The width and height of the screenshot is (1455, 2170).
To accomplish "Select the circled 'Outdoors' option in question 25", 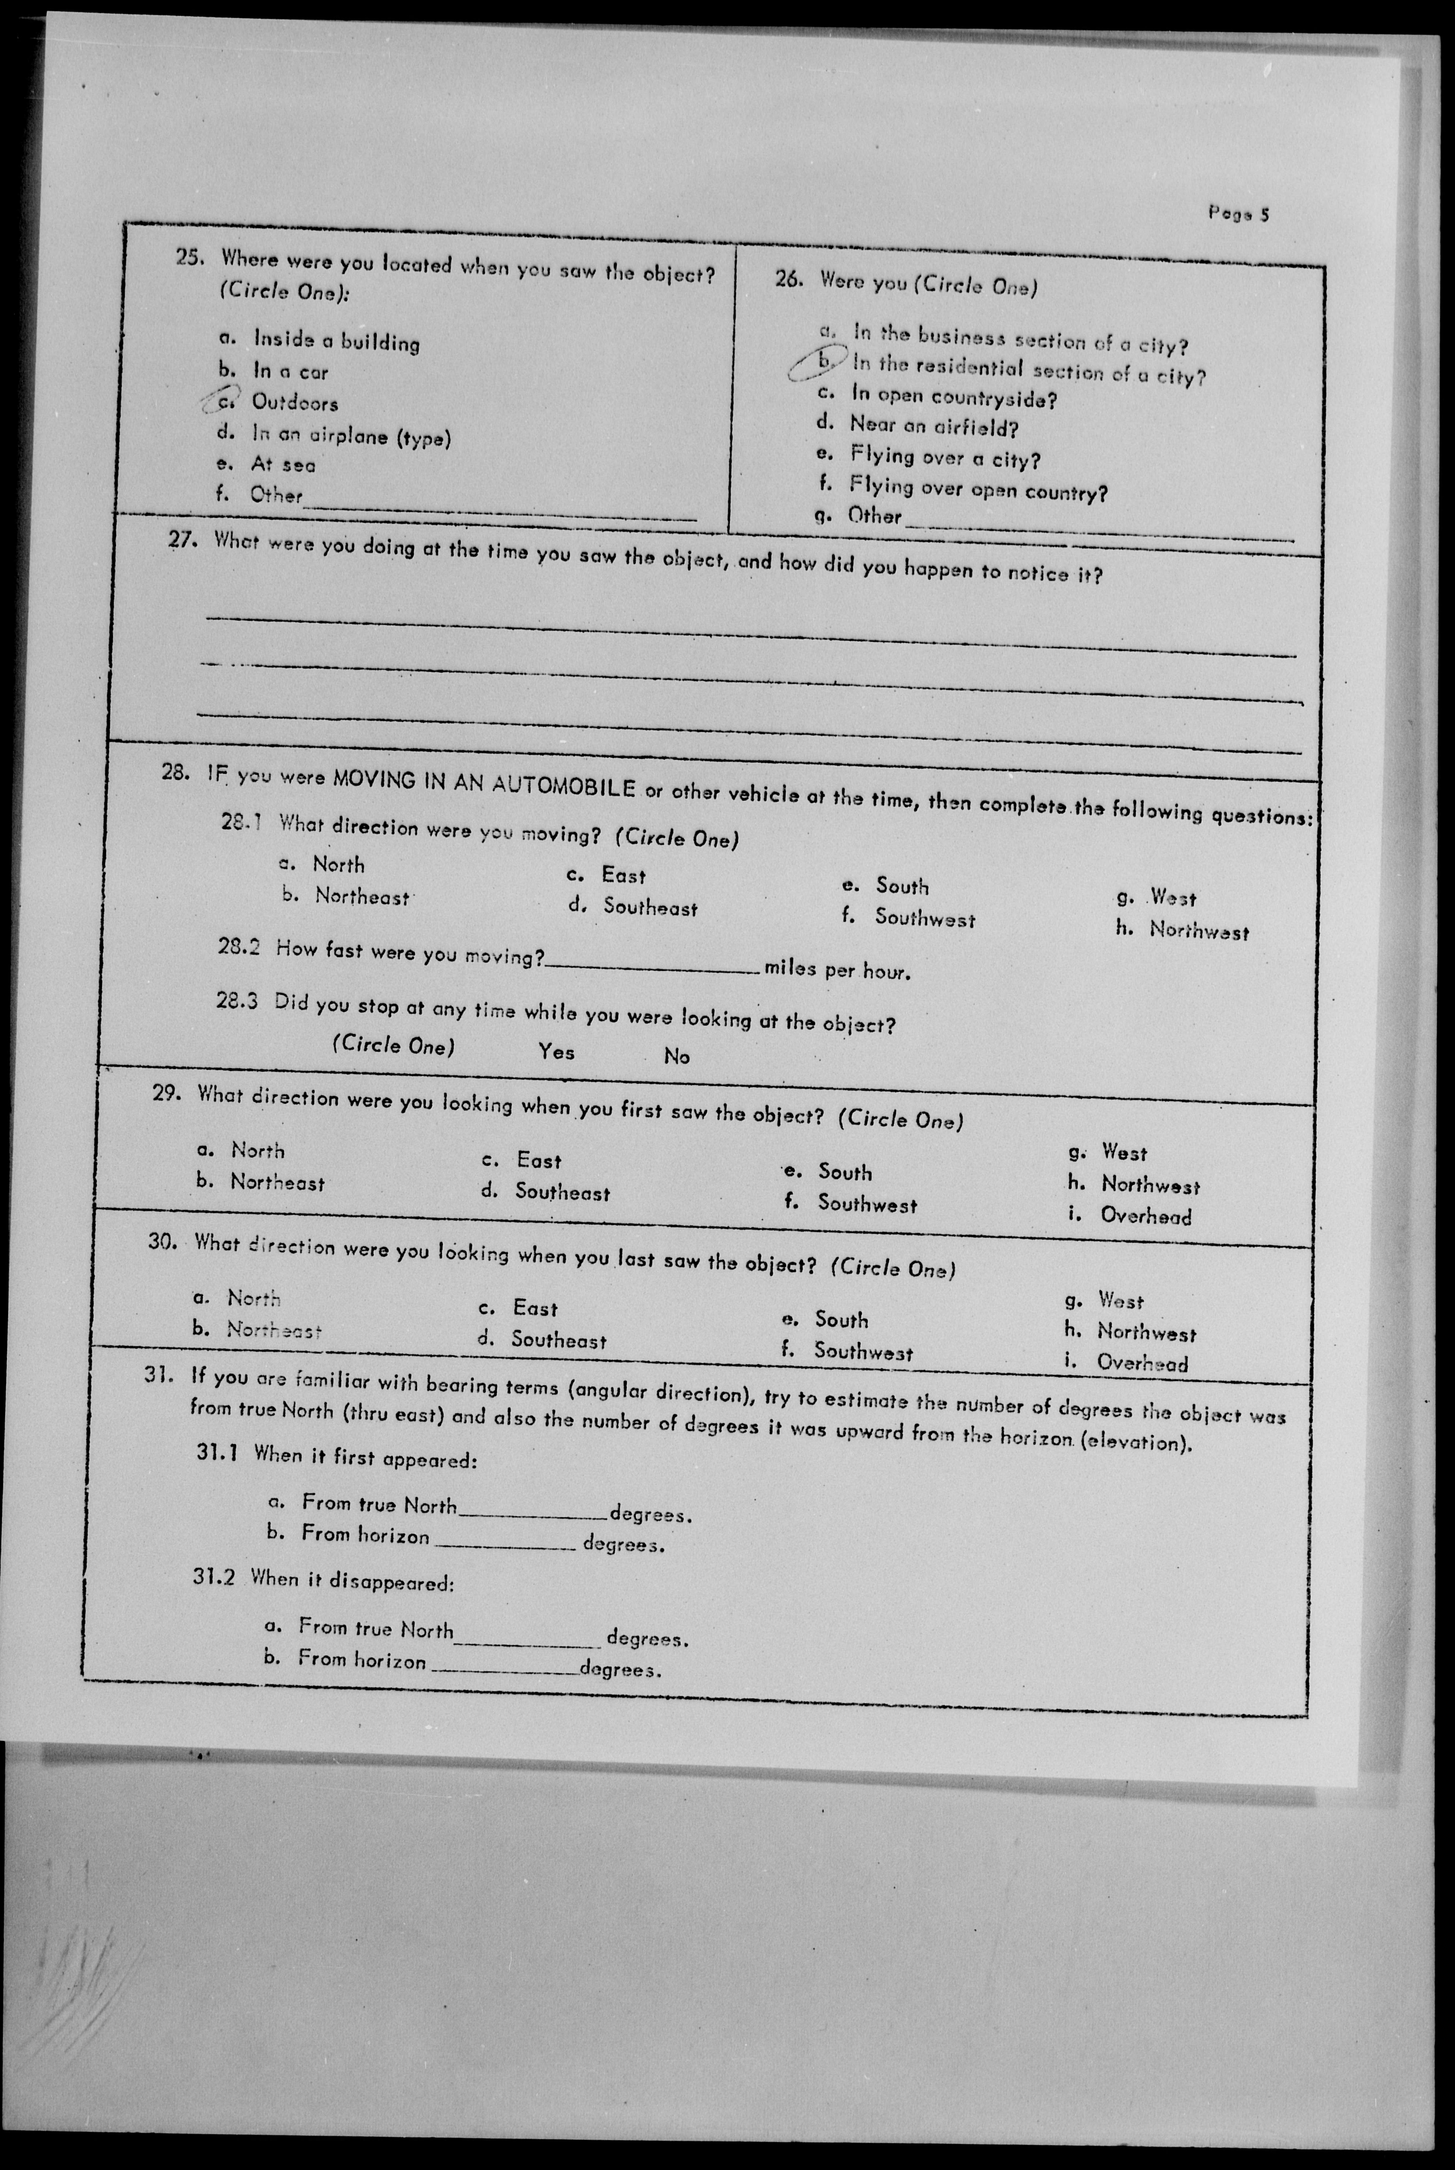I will [x=294, y=403].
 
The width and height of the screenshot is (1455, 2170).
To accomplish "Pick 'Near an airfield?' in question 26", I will [x=934, y=428].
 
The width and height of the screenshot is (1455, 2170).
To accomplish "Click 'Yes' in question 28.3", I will [x=557, y=1052].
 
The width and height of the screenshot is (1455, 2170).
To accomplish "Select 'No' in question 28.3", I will [x=677, y=1056].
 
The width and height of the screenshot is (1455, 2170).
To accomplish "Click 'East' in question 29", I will [x=538, y=1161].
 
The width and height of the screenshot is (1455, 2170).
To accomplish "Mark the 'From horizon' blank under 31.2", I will [x=504, y=1668].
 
